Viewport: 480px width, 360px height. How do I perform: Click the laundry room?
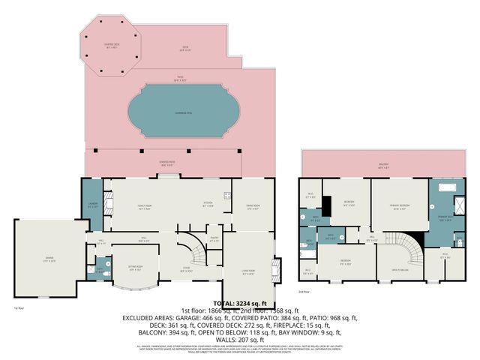tap(91, 204)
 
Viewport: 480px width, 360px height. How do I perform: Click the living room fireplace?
tap(279, 268)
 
